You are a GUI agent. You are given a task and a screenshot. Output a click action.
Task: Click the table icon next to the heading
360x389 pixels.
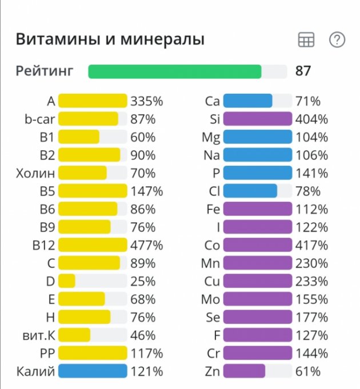tap(306, 39)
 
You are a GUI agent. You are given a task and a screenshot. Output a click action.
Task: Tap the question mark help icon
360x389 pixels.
tap(337, 39)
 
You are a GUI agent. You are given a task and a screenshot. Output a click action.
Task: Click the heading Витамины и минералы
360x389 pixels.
tap(110, 39)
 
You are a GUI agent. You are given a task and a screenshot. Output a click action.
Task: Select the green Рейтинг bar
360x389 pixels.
tap(175, 72)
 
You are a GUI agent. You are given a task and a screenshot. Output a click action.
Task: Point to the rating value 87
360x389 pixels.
tap(303, 72)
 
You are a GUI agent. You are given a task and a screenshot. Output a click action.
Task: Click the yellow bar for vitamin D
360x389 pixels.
tap(67, 281)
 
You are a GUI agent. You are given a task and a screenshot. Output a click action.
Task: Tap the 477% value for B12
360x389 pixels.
tap(147, 245)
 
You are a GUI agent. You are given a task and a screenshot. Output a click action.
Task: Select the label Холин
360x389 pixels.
tap(35, 173)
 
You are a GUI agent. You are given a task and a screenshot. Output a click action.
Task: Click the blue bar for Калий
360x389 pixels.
tap(93, 371)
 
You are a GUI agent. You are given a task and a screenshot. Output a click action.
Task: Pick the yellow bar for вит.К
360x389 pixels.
tap(74, 335)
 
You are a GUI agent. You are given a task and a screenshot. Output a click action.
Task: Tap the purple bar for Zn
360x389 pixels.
tap(244, 371)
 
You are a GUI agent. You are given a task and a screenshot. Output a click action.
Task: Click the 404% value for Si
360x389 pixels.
tap(311, 120)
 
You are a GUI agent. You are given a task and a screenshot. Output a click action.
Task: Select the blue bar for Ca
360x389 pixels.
tap(247, 101)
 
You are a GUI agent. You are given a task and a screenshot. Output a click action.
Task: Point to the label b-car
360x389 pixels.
tap(36, 120)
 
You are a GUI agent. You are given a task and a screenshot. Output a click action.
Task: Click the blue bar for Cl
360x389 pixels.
tap(250, 191)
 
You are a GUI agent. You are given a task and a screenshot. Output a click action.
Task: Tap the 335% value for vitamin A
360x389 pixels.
tap(147, 101)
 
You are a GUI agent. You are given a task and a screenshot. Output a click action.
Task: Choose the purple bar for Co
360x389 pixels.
tap(258, 245)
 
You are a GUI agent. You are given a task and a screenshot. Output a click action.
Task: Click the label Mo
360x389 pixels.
tap(210, 299)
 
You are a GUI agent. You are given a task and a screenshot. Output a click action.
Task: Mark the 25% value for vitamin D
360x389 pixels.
tap(143, 281)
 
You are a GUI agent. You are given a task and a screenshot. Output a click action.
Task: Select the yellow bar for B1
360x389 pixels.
tap(79, 137)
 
